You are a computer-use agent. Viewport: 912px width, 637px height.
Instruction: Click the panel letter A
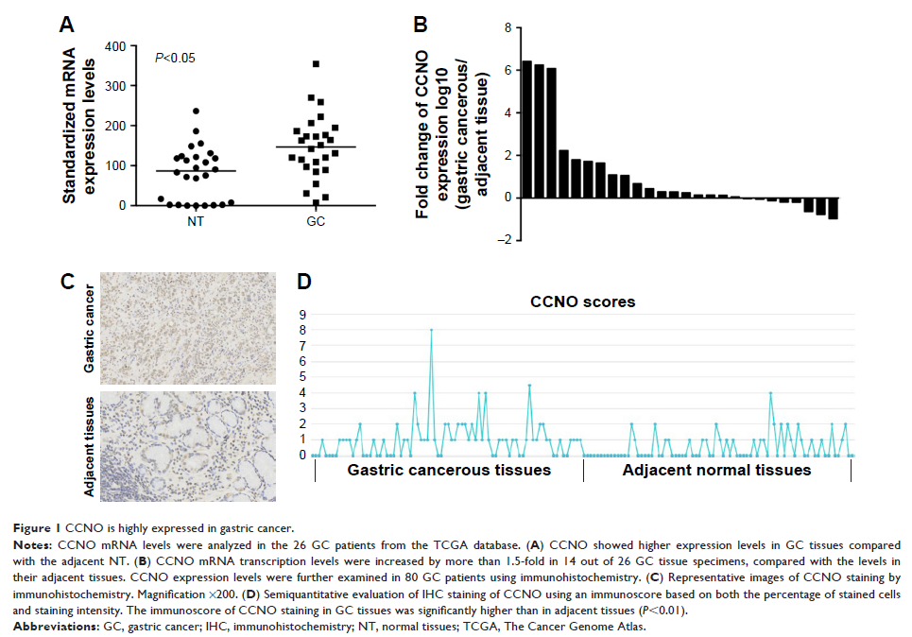pos(67,25)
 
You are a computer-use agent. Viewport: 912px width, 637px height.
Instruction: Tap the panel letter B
pos(422,22)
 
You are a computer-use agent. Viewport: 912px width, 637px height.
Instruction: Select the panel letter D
pos(304,283)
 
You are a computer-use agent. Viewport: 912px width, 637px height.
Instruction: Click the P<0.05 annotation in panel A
pos(175,58)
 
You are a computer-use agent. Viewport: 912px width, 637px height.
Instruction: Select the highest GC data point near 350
pos(316,64)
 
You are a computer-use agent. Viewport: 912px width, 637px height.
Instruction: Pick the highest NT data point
pos(196,112)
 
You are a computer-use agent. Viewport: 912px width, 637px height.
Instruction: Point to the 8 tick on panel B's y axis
pos(508,28)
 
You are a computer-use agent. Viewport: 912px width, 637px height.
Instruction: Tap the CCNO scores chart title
pos(581,302)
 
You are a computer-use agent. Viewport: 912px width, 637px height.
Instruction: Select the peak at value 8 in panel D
pos(431,330)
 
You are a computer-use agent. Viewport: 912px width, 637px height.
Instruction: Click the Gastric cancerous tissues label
pos(449,470)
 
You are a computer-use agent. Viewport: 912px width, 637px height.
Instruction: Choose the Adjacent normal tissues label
pos(716,470)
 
